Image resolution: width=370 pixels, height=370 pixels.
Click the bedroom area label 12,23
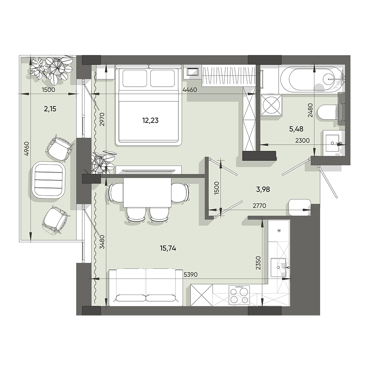coord(150,120)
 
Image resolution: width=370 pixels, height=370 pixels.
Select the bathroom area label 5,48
coord(296,129)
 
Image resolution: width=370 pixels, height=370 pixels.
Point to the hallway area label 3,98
coord(263,189)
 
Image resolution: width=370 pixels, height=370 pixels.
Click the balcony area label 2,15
coord(50,109)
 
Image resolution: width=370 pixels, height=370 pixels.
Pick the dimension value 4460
coord(190,90)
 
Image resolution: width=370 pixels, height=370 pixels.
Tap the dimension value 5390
coord(190,274)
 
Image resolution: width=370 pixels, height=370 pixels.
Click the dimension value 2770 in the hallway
coord(259,206)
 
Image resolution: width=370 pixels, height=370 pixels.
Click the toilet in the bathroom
coord(328,112)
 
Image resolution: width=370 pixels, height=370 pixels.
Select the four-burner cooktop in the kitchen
coord(239,296)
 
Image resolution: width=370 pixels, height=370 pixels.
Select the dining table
coord(147,193)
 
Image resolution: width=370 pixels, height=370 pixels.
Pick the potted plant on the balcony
coord(51,71)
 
